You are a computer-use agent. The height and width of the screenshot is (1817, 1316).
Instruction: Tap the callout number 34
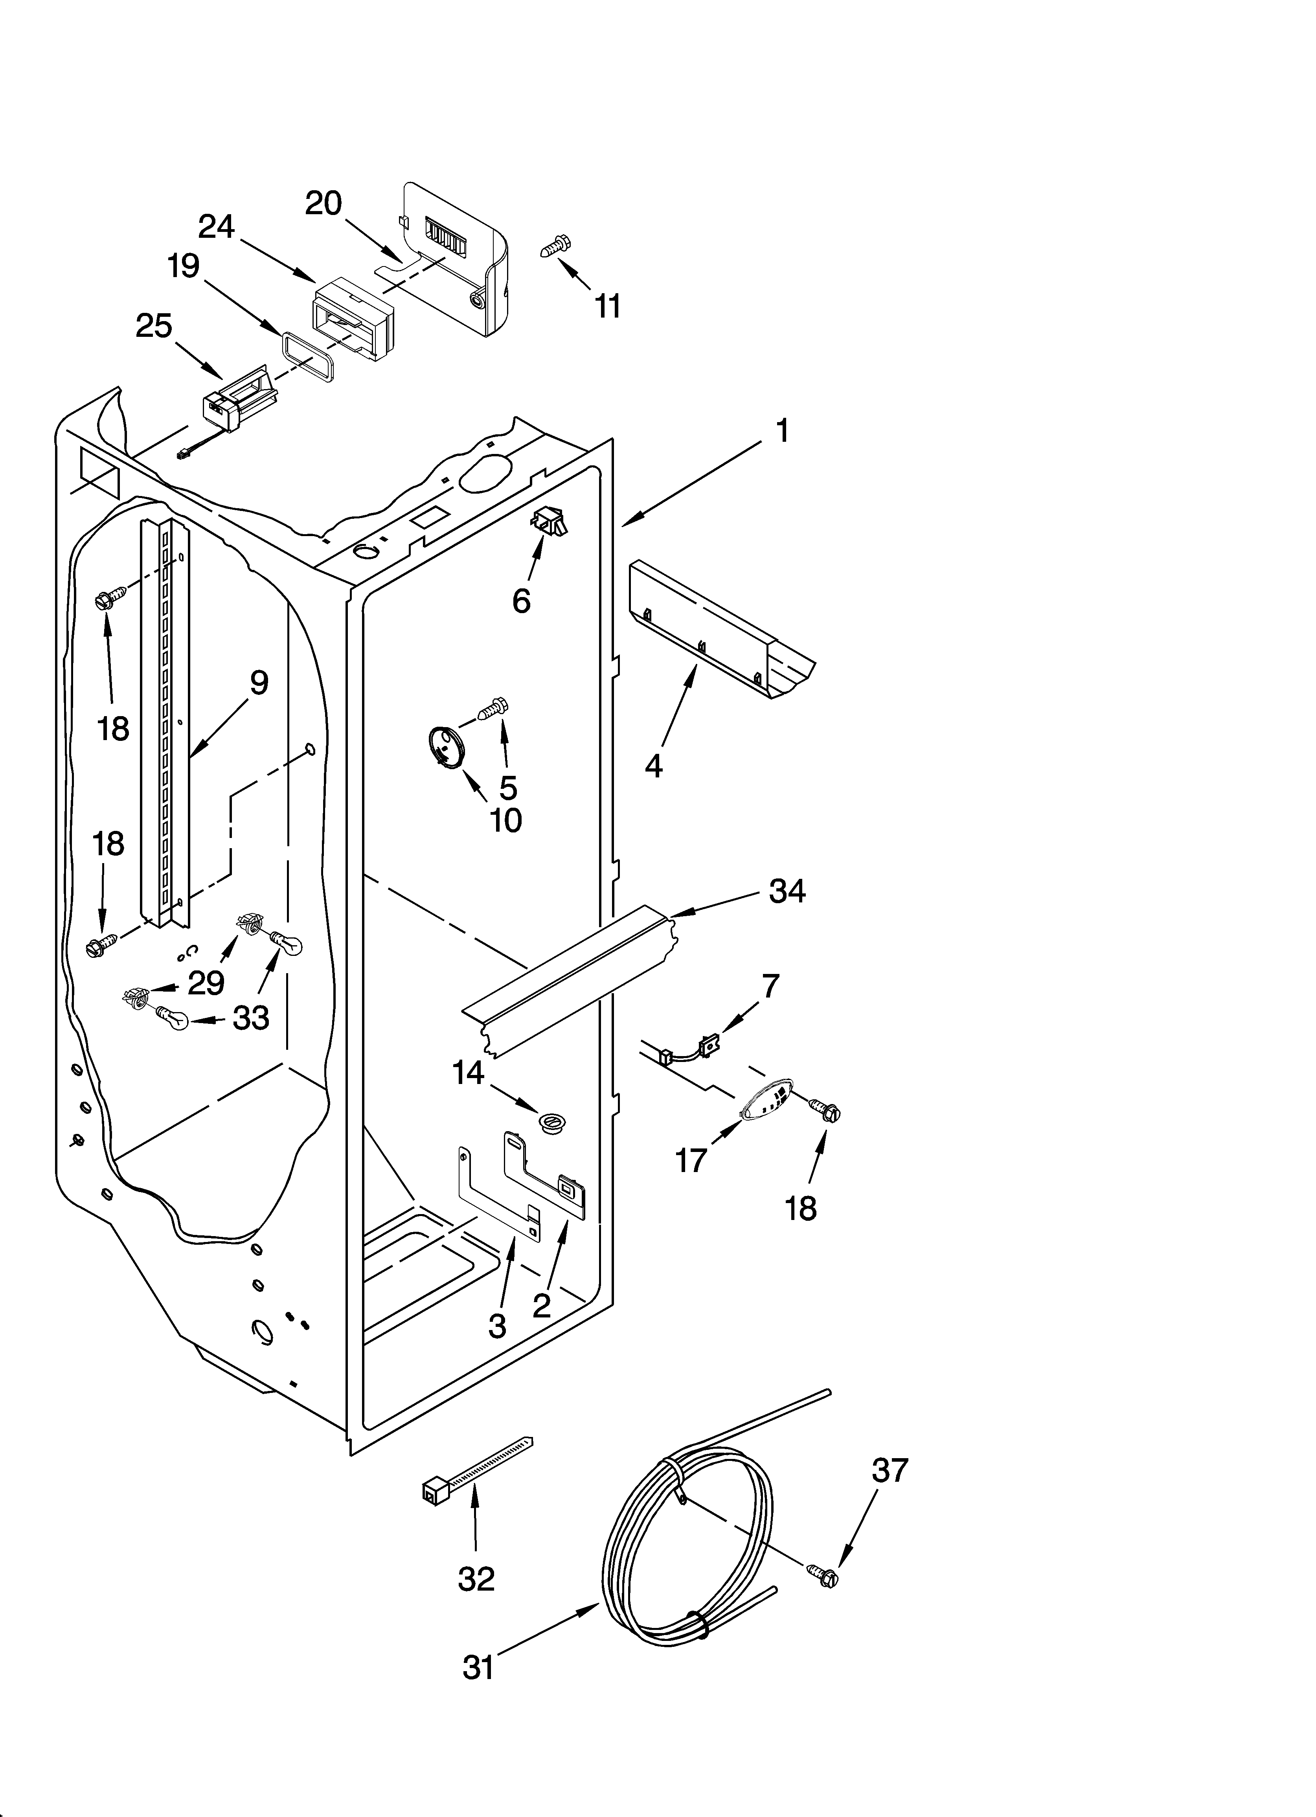[787, 891]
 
